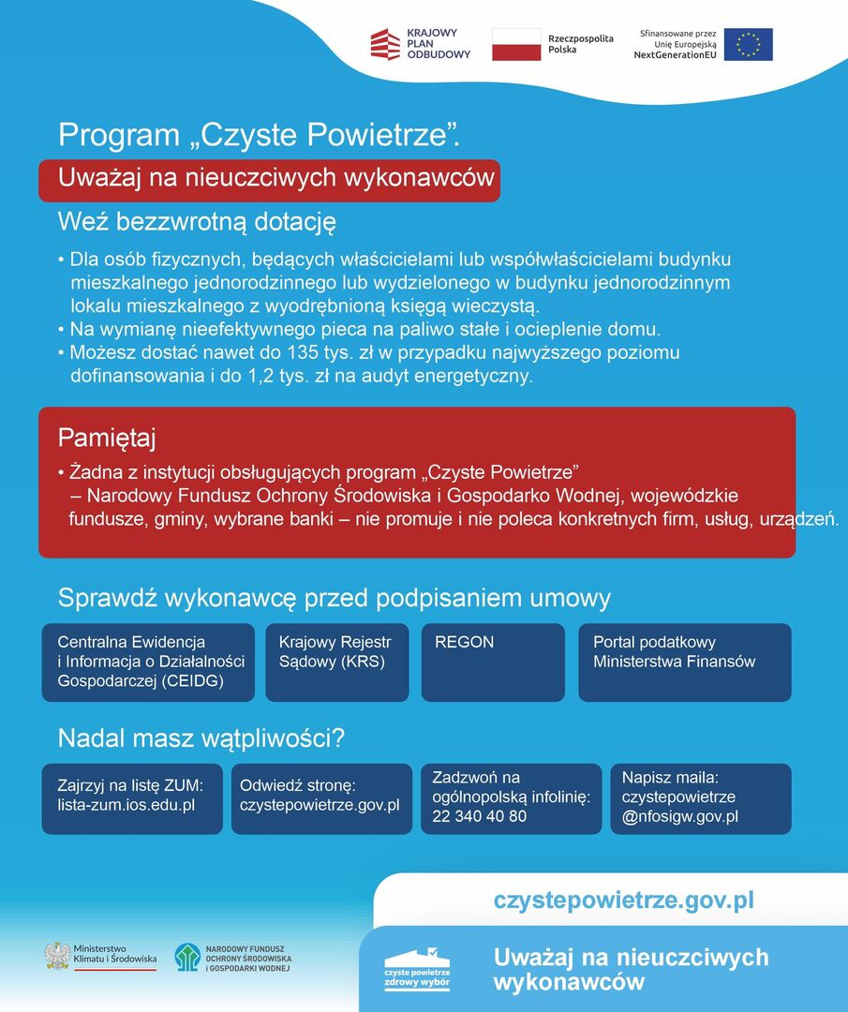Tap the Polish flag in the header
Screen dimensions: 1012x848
point(516,44)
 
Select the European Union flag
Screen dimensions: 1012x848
point(748,44)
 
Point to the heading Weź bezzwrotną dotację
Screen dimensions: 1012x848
point(197,222)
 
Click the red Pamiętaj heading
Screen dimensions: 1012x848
point(107,438)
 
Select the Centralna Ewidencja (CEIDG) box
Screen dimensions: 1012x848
point(148,662)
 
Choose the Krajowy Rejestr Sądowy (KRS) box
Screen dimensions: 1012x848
point(336,662)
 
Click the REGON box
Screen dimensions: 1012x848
point(493,662)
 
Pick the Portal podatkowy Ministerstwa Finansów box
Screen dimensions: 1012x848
point(684,662)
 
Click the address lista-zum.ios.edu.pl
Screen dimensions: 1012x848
point(126,805)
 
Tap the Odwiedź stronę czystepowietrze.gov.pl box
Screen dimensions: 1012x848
point(321,797)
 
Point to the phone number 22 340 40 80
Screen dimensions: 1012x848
point(480,816)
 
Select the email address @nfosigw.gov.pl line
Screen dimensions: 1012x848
point(680,816)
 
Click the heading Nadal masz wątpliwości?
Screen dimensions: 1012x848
point(201,738)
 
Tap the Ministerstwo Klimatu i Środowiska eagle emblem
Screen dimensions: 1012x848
point(57,956)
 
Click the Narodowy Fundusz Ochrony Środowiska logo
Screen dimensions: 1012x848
point(187,957)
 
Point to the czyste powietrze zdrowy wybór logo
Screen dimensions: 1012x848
point(417,969)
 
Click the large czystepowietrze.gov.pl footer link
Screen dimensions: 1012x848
point(623,901)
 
